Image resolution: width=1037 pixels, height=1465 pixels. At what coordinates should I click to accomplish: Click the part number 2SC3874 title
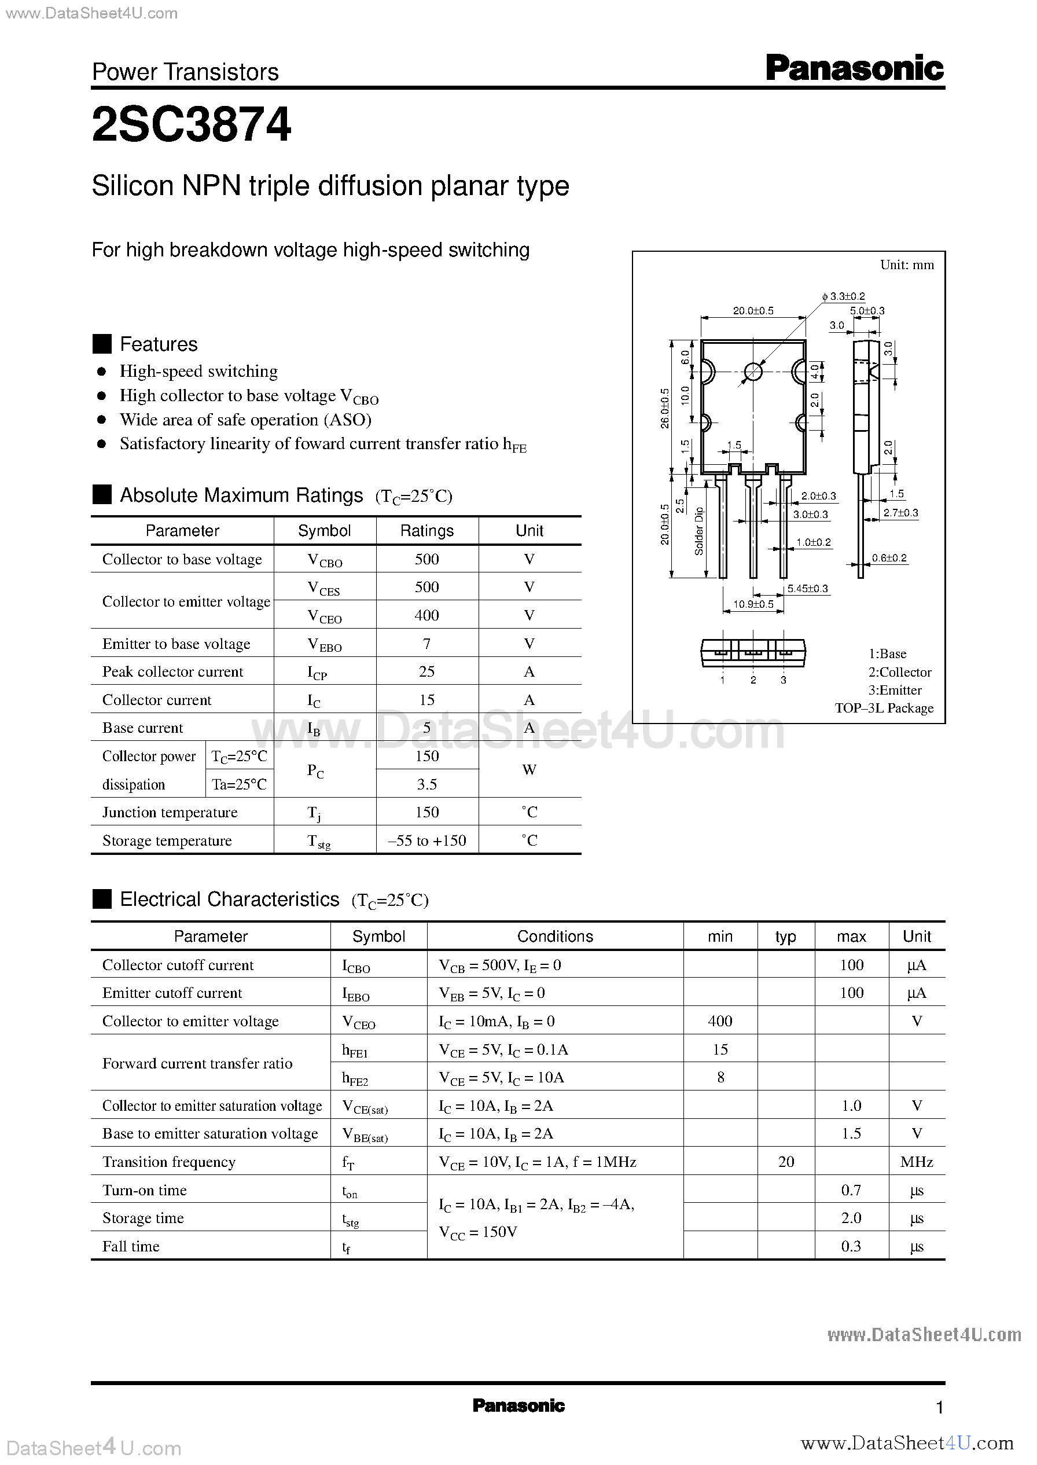[192, 125]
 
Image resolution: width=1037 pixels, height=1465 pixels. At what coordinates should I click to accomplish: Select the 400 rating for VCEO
[426, 615]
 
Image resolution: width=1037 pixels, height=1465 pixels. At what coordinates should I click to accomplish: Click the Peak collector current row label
[172, 671]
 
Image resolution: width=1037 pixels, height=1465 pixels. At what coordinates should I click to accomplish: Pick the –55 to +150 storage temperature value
[426, 840]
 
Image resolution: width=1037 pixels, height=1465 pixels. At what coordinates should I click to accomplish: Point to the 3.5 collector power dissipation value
[426, 784]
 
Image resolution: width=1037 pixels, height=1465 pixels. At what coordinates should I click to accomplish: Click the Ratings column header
[426, 531]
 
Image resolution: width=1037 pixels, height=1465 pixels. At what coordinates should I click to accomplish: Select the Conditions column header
[555, 936]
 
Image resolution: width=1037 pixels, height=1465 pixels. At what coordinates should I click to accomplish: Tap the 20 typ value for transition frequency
[786, 1162]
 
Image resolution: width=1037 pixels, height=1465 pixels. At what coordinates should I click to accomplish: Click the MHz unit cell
[916, 1162]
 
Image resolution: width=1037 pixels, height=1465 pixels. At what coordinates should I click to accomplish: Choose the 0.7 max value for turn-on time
[851, 1189]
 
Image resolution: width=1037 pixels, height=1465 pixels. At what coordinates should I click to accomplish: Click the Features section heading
[159, 344]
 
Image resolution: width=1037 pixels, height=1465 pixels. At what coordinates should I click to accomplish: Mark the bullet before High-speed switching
[101, 372]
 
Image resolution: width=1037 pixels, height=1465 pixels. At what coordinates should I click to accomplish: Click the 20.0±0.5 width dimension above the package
[753, 311]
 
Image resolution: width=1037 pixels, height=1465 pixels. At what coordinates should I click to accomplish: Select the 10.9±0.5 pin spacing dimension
[753, 604]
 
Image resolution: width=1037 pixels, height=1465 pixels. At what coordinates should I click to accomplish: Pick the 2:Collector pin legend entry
[899, 672]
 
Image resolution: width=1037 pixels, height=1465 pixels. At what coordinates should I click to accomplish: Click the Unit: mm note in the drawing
[906, 265]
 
